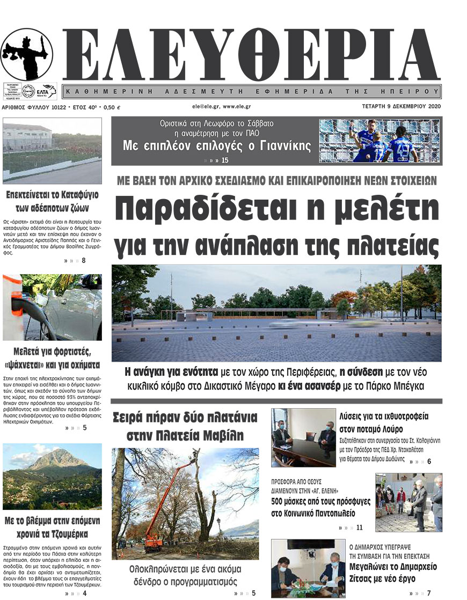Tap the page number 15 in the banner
(224, 160)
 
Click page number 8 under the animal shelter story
(83, 261)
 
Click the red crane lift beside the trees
(161, 504)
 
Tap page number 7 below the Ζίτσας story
(428, 593)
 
